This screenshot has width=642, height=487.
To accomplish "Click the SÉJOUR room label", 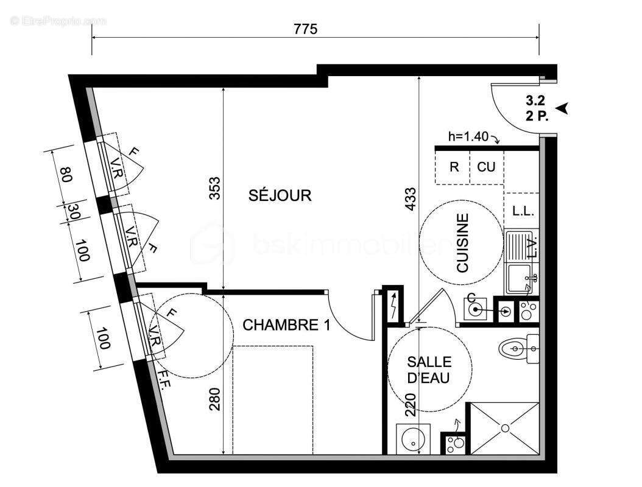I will pyautogui.click(x=280, y=195).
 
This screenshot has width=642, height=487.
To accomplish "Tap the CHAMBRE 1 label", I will pyautogui.click(x=286, y=325).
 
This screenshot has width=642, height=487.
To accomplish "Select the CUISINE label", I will pyautogui.click(x=463, y=242).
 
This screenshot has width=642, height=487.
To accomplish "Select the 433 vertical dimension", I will pyautogui.click(x=411, y=198).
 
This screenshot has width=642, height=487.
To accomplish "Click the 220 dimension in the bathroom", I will pyautogui.click(x=411, y=404).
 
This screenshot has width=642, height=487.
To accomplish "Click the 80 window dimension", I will pyautogui.click(x=66, y=175).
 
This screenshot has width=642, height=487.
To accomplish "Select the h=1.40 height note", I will pyautogui.click(x=468, y=137).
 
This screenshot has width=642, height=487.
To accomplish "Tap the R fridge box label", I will pyautogui.click(x=454, y=166).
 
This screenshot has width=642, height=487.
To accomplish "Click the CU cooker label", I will pyautogui.click(x=486, y=166).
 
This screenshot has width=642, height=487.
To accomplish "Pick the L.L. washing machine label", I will pyautogui.click(x=523, y=211).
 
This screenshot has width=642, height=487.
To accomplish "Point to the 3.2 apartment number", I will pyautogui.click(x=535, y=102).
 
